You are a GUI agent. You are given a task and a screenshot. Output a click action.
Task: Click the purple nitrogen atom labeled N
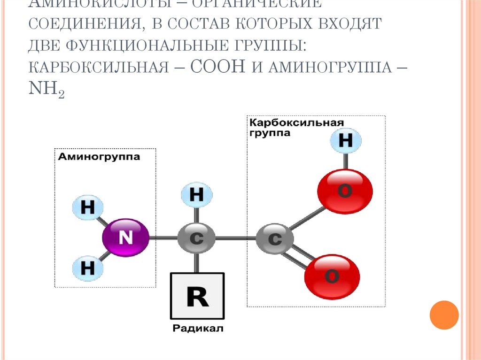tap(125, 237)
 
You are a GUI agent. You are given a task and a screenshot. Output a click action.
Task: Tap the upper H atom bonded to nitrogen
tap(87, 208)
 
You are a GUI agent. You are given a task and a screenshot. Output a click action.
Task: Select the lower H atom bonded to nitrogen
tap(87, 268)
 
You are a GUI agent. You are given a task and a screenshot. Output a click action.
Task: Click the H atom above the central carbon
tap(196, 195)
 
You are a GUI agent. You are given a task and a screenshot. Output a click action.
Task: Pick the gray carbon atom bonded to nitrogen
tap(196, 238)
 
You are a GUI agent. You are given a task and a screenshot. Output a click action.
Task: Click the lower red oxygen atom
tap(332, 276)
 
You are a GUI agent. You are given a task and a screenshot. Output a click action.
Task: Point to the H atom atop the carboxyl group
tap(345, 140)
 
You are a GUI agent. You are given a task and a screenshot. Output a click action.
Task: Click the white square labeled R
tap(197, 296)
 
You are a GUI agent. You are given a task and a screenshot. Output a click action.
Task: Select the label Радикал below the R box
tap(198, 329)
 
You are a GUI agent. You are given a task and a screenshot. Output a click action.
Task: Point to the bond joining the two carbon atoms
tap(235, 238)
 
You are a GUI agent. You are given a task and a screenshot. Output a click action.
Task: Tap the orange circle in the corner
tap(443, 314)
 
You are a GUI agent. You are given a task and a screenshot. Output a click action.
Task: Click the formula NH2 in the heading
tap(46, 89)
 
